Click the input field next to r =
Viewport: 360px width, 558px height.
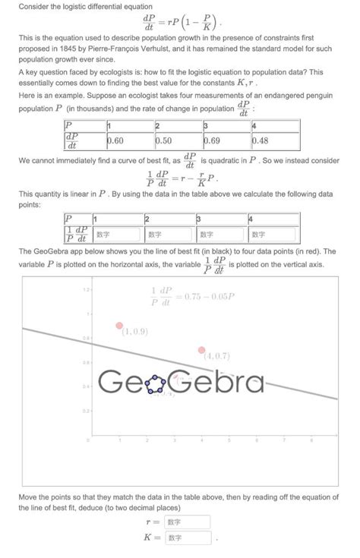point(187,522)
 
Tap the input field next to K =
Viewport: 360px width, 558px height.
point(187,538)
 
